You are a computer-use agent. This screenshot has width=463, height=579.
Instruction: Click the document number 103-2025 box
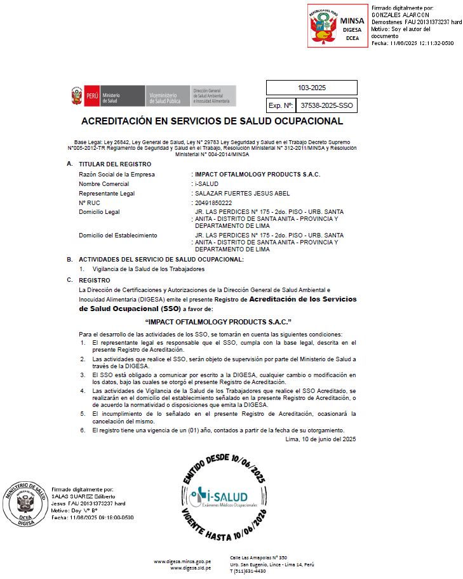coord(311,88)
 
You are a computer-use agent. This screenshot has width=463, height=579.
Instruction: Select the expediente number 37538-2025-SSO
coord(326,105)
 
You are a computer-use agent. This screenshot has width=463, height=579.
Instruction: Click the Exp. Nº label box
coord(280,105)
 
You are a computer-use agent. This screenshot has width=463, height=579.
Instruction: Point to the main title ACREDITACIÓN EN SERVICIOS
coord(212,121)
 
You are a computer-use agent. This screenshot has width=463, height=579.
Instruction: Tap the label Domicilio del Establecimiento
coord(117,236)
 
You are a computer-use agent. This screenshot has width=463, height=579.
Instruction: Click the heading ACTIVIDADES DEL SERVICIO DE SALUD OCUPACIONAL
coord(161,260)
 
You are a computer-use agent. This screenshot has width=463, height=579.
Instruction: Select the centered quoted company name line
coord(218,322)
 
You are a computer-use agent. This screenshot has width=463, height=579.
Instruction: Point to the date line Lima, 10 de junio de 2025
coord(321,439)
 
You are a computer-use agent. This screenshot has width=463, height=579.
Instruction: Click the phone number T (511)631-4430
coord(248,571)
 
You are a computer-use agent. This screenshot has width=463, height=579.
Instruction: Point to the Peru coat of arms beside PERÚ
coord(77,97)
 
